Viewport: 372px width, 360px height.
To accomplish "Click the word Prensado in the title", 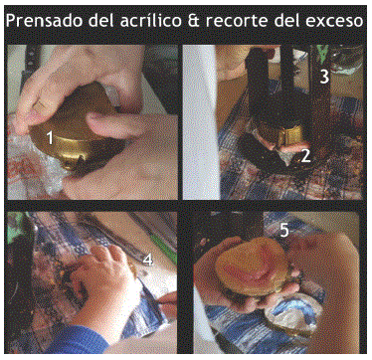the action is pyautogui.click(x=45, y=21).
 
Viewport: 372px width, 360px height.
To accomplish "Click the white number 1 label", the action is pyautogui.click(x=50, y=137).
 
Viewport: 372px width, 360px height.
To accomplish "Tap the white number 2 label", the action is pyautogui.click(x=305, y=155).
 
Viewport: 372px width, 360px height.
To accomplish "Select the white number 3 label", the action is pyautogui.click(x=324, y=77).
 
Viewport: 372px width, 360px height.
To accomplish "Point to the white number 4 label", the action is pyautogui.click(x=148, y=260).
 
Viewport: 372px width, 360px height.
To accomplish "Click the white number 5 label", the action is pyautogui.click(x=284, y=230).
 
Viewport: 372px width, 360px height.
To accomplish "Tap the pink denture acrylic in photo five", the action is pyautogui.click(x=251, y=265).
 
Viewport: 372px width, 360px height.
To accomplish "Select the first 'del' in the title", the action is pyautogui.click(x=101, y=21).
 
